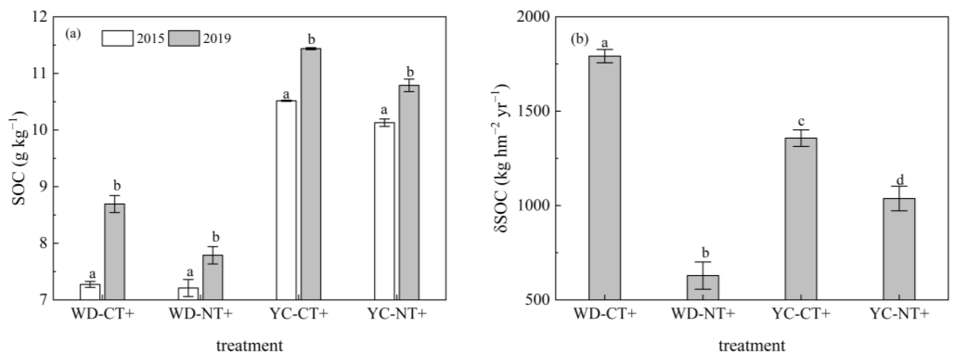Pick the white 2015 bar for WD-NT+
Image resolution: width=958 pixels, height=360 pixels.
coord(188,294)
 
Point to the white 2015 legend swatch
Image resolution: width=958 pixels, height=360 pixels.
coord(117,38)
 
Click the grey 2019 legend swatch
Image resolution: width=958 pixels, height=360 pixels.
coord(183,38)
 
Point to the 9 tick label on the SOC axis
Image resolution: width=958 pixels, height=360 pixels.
coord(44,187)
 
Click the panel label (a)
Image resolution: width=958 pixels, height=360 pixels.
coord(73,34)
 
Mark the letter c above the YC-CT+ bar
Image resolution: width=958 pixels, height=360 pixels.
coord(802,122)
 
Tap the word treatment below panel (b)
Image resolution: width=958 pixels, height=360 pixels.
coord(751,346)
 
